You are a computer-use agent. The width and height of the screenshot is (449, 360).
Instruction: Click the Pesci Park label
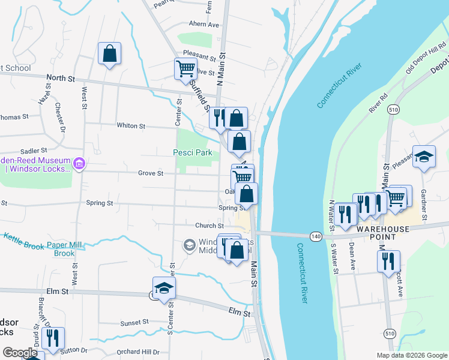(193, 153)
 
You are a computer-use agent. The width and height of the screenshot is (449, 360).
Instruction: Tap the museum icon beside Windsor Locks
(79, 163)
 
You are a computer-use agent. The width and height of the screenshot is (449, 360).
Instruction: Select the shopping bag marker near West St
(109, 53)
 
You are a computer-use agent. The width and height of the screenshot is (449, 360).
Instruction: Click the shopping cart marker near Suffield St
(185, 68)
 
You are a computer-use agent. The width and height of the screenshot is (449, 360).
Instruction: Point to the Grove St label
(151, 173)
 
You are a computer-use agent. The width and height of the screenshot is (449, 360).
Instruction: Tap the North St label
(61, 78)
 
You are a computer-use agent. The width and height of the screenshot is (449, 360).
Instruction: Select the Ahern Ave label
(204, 25)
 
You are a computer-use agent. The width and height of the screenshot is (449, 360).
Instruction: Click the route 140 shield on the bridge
(316, 237)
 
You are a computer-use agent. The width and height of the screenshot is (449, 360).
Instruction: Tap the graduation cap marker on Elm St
(163, 288)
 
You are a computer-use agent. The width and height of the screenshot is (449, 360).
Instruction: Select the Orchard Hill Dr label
(138, 352)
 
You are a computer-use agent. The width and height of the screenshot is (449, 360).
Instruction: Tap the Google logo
(20, 353)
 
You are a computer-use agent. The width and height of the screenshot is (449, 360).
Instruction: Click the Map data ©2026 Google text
(411, 355)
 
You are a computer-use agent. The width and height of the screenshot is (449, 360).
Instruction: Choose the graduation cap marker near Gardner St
(424, 157)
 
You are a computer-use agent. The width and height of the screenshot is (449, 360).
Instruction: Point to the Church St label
(209, 226)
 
